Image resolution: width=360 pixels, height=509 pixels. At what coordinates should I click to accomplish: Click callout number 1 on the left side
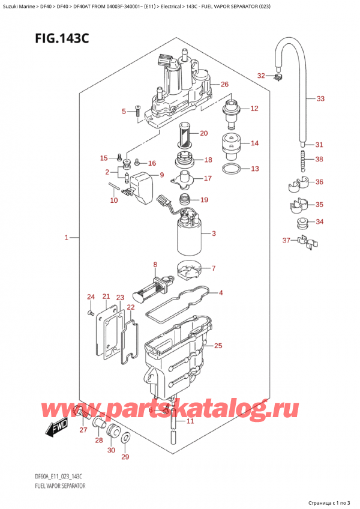[66, 238]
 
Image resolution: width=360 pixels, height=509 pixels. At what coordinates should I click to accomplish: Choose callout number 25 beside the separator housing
[218, 346]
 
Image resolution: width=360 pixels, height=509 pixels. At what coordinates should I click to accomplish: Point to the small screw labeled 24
[89, 313]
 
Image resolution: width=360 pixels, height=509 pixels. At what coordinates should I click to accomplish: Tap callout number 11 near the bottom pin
[191, 421]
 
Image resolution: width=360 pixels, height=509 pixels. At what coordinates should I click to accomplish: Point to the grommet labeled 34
[304, 224]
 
